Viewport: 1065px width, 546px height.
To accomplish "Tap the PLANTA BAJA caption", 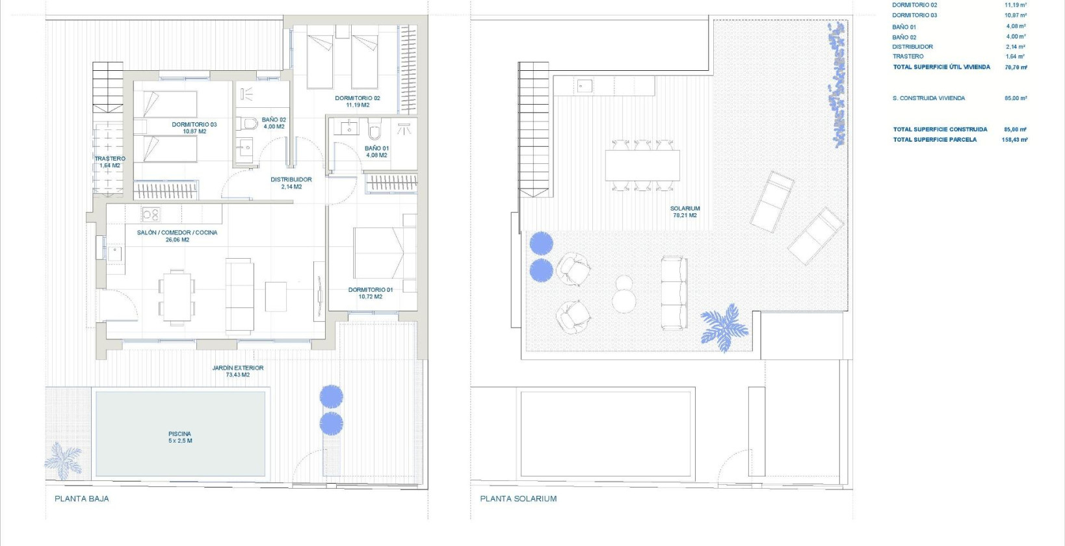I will coord(82,499).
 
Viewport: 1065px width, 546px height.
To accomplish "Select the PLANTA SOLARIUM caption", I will coord(518,499).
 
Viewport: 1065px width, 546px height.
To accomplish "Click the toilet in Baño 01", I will coord(375,131).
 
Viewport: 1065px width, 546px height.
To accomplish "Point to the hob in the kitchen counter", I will coord(151,214).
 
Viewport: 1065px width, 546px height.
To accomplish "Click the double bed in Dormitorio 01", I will coord(384,253).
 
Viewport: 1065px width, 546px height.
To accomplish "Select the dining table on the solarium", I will coord(642,165).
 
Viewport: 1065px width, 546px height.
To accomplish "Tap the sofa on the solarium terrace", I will coord(674,292).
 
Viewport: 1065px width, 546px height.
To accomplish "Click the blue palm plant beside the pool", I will coord(63,460).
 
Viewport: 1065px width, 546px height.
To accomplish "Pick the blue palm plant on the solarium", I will coord(724,327).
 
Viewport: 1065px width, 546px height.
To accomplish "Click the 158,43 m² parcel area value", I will coord(1014,140).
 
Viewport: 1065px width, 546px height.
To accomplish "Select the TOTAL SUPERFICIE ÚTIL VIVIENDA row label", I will coord(941,67).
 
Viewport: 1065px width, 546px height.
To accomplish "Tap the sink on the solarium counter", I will coord(584,85).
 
